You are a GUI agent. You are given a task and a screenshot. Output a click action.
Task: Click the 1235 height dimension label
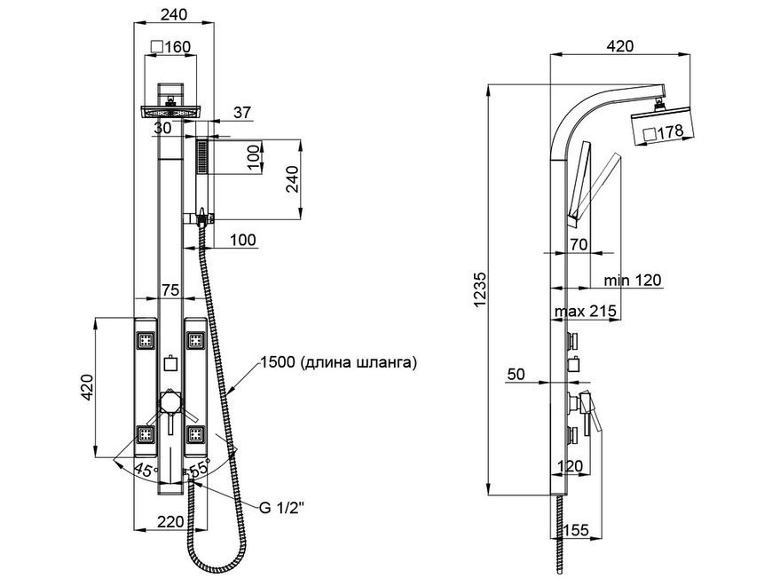tap(480, 289)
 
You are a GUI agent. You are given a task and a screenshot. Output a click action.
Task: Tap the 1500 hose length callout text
tap(339, 363)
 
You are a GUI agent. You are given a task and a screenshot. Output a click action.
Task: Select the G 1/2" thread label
tap(282, 508)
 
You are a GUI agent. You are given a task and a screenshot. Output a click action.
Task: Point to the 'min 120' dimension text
tap(633, 281)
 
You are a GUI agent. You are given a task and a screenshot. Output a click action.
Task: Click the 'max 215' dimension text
tap(586, 312)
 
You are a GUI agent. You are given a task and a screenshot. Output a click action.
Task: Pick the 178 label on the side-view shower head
tap(664, 131)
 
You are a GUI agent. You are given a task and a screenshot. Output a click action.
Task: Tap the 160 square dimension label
tap(170, 47)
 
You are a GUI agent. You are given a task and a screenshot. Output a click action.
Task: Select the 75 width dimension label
tap(170, 290)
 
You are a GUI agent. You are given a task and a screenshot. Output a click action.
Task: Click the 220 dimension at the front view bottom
tap(170, 521)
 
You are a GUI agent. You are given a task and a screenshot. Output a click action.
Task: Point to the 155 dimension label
tap(576, 530)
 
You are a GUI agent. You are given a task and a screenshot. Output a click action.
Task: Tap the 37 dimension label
tap(241, 113)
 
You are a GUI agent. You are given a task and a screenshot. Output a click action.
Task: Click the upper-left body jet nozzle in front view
tap(146, 340)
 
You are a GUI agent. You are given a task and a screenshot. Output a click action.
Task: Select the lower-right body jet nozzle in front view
tap(195, 434)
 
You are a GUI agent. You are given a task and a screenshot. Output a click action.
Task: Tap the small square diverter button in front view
tap(170, 363)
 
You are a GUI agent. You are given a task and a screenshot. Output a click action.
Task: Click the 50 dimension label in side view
tap(516, 375)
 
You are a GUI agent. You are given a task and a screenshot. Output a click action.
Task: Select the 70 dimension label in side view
tap(579, 244)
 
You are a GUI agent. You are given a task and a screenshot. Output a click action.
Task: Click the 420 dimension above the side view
tap(620, 46)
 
